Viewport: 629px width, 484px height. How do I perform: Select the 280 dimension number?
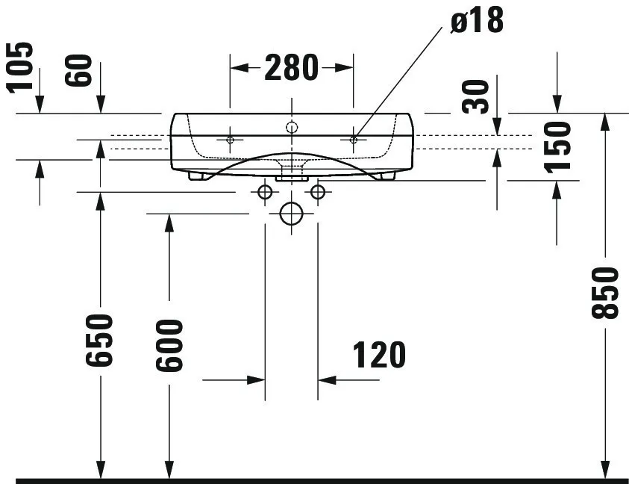pos(291,68)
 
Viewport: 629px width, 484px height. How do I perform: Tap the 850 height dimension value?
pos(606,293)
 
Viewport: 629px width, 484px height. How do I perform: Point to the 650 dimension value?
pos(99,341)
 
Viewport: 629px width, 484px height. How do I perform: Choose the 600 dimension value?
pos(169,346)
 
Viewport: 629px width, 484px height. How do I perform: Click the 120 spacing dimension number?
pos(379,355)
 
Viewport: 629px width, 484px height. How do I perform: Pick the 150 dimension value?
pos(557,147)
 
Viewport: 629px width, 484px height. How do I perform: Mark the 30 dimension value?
pos(476,97)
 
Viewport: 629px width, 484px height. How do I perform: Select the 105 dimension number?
pos(20,67)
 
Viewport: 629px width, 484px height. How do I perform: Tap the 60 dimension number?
pos(78,70)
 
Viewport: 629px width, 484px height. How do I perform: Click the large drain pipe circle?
pos(291,214)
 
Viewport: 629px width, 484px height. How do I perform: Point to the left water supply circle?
pos(265,192)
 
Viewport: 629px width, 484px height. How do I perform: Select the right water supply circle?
pos(318,192)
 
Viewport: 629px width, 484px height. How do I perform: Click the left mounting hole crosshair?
pos(230,140)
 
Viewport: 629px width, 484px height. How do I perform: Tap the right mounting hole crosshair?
pos(354,140)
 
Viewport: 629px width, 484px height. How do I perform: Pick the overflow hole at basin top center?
pos(292,128)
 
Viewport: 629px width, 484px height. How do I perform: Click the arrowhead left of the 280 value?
pos(239,68)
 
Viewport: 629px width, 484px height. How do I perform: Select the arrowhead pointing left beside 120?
pos(327,379)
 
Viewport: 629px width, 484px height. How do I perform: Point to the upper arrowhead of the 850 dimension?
pos(606,122)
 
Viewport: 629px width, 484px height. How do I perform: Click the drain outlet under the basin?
pos(292,177)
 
